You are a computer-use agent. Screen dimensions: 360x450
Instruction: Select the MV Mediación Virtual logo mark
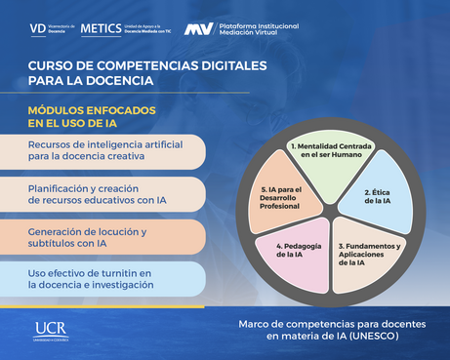coord(199,29)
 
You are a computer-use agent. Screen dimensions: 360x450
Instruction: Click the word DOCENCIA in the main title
coord(121,79)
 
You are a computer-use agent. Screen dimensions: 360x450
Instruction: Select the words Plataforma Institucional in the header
coord(259,24)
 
